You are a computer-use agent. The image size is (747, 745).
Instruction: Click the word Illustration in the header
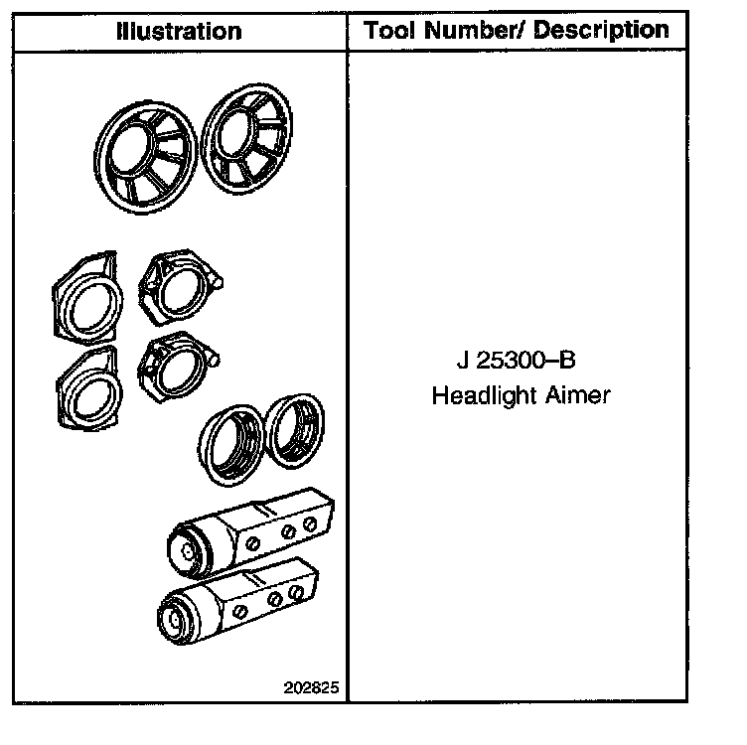[x=179, y=31]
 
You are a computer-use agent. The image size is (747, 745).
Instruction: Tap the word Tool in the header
[x=391, y=31]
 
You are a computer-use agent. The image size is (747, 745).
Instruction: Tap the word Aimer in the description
[x=576, y=395]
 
